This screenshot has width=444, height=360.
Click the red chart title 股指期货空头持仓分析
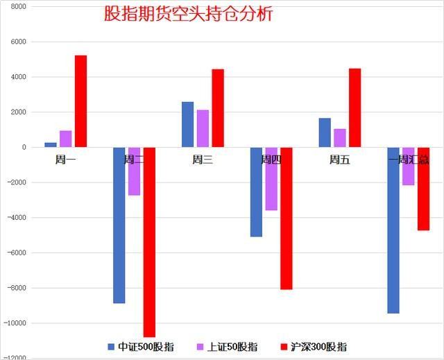click(x=187, y=14)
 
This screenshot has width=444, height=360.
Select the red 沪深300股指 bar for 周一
click(x=80, y=101)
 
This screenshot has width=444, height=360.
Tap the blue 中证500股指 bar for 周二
click(x=119, y=225)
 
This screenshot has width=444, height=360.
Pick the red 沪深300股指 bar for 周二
click(x=149, y=242)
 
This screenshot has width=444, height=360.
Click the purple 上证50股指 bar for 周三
click(x=203, y=128)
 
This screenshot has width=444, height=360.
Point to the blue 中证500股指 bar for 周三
click(x=187, y=124)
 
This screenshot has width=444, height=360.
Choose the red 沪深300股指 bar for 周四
click(x=287, y=218)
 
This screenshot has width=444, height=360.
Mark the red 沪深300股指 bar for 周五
click(x=355, y=108)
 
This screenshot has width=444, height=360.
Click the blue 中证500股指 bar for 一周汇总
click(x=393, y=230)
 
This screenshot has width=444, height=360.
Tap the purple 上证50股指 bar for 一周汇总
click(x=409, y=166)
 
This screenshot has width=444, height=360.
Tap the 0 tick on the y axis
click(x=24, y=147)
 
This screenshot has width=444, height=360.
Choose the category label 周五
click(x=339, y=160)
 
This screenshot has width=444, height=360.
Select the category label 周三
click(x=203, y=160)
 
